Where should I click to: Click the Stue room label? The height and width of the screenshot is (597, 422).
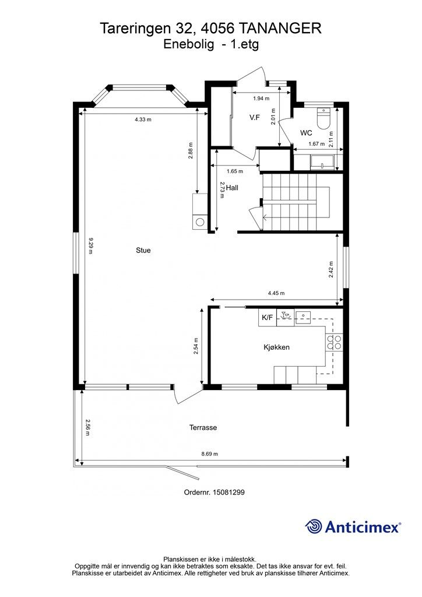[143, 250]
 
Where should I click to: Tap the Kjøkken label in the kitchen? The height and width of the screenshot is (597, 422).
[277, 347]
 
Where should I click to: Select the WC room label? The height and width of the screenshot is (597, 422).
[306, 133]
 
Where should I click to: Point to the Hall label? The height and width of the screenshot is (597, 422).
[232, 188]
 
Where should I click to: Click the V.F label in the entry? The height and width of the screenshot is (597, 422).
[255, 118]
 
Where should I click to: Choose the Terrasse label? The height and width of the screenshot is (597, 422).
[203, 427]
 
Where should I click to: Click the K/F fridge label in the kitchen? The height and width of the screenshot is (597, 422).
[267, 318]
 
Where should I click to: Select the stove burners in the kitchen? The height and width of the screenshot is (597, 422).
[333, 342]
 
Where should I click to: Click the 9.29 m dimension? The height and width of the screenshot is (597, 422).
[90, 246]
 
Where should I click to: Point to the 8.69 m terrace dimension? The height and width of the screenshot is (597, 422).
[210, 454]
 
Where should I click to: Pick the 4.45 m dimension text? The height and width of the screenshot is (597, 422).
[276, 293]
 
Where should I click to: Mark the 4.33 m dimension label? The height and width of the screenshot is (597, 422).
[143, 119]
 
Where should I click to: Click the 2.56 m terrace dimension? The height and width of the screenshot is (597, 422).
[87, 427]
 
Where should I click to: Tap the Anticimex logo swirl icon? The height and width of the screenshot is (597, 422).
[314, 526]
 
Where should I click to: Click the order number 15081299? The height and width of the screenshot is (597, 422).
[228, 492]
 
